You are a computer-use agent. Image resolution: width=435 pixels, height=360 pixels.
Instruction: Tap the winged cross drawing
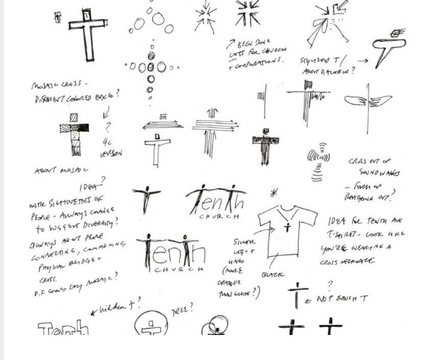point(368,102)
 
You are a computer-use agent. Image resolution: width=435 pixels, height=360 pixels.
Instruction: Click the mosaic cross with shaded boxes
point(75,134)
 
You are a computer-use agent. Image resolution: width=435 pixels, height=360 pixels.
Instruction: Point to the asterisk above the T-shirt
point(274,193)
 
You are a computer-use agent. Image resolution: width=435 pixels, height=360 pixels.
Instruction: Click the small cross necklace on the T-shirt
point(287,226)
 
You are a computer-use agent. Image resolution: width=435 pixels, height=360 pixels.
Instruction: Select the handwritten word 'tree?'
point(182,309)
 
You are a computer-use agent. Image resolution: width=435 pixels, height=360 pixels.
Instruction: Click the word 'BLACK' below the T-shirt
point(273,274)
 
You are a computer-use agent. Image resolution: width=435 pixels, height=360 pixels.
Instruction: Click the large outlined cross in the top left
point(88,32)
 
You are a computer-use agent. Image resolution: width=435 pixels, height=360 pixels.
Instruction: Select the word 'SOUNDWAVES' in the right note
point(379,173)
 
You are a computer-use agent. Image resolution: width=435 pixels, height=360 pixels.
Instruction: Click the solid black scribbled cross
point(265,147)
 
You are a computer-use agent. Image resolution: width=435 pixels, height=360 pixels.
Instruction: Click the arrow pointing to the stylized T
point(362,60)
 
